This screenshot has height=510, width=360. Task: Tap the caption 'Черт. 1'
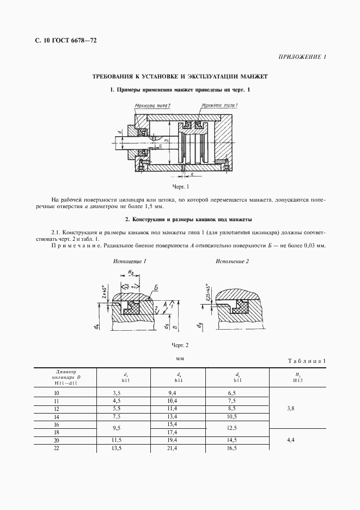(x=180, y=186)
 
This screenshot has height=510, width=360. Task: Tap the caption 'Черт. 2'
(x=180, y=345)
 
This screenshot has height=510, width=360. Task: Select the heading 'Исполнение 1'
(x=130, y=262)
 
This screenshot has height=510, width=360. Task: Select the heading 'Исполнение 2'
(x=232, y=262)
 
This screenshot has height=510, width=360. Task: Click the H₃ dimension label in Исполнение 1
(x=131, y=272)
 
